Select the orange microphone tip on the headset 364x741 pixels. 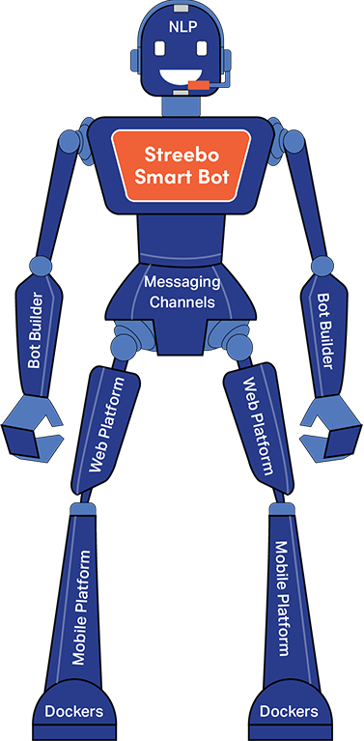[199, 85]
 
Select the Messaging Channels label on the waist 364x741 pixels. [182, 291]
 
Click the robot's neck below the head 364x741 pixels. [181, 105]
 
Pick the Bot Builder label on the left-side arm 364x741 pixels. [36, 328]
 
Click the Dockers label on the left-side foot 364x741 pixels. [73, 712]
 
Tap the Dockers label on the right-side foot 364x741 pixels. [289, 712]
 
